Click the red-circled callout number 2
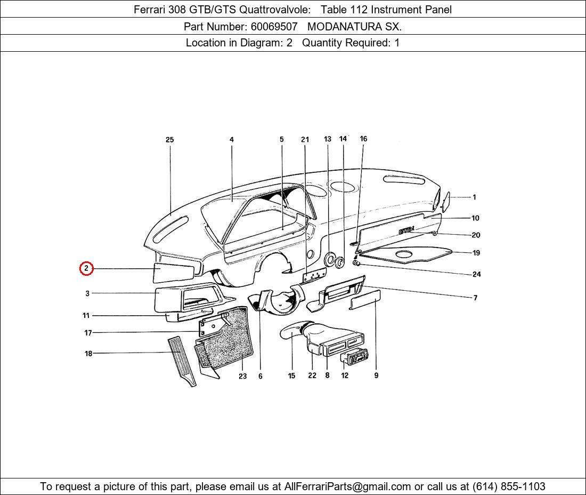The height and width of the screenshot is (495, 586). point(86,268)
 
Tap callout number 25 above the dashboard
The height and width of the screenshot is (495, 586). point(169,140)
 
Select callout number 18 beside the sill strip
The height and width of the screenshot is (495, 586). point(88,353)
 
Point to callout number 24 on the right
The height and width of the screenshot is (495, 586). point(476,274)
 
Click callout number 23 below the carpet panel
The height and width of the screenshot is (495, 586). point(242,376)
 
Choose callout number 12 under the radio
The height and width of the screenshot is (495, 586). point(345,376)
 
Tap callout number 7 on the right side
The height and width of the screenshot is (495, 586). point(475,298)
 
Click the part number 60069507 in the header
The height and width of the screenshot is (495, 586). point(274,27)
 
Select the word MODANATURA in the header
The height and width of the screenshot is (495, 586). point(345,27)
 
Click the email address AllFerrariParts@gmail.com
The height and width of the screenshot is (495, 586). point(347,486)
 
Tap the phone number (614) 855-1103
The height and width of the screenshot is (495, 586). point(509,486)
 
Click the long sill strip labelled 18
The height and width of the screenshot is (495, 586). point(182,361)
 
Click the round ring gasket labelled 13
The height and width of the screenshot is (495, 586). point(330,259)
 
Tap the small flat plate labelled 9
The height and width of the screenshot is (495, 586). point(365,300)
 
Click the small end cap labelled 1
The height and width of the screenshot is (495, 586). point(445,202)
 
